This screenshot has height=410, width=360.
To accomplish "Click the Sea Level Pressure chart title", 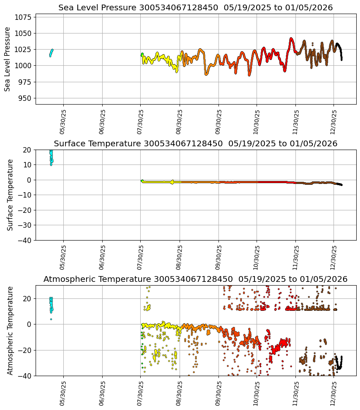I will click(195, 8).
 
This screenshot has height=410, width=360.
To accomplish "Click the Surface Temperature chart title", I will click(195, 144).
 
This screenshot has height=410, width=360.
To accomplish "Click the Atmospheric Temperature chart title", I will click(195, 279).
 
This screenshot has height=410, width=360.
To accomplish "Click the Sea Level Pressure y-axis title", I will click(8, 59).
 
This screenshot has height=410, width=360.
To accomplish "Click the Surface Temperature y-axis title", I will click(10, 195).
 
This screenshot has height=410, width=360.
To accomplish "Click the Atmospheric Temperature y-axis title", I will click(10, 330).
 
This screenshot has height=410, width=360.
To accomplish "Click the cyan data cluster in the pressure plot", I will click(51, 52).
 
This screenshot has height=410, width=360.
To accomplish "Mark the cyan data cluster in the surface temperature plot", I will click(51, 157).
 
